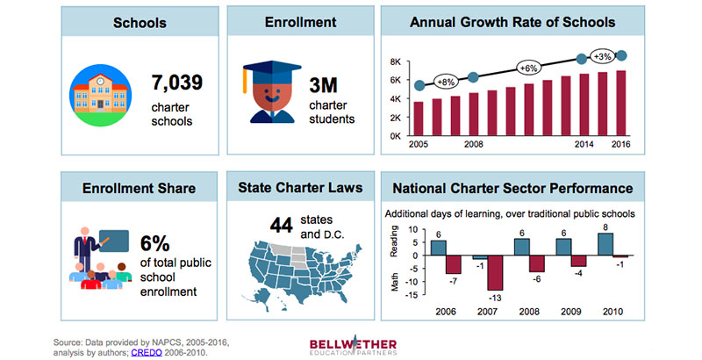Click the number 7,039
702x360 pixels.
(177, 84)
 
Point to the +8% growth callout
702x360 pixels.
(447, 83)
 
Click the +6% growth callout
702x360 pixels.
(527, 68)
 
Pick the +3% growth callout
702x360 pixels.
(604, 56)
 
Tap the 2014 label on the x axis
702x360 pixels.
(581, 145)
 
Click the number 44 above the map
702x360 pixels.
(281, 225)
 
